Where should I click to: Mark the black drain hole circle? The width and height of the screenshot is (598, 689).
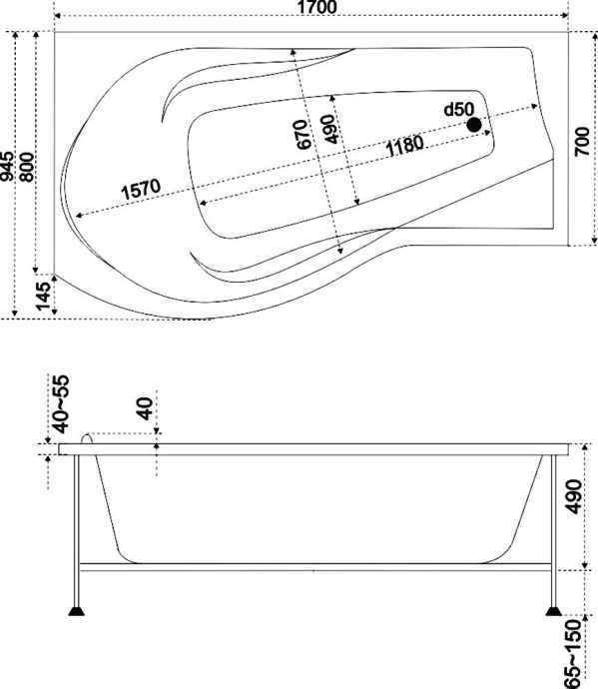475,125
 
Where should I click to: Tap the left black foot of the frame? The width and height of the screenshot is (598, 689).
76,608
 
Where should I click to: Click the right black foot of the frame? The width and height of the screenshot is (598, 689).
553,608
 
